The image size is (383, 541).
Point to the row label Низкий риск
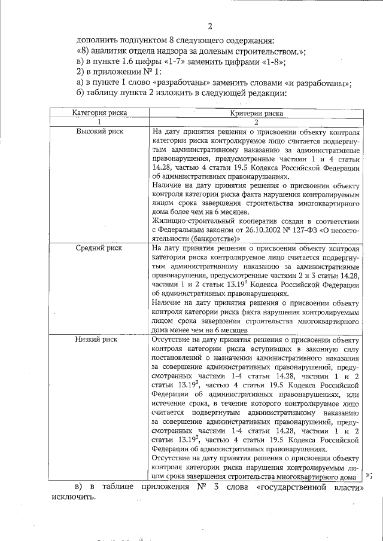[96, 340]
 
